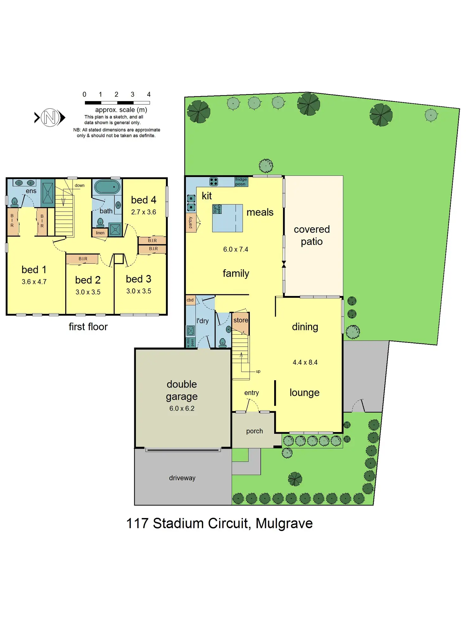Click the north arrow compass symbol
pos(50,118)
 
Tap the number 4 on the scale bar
pos(149,94)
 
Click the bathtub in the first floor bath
pos(107,187)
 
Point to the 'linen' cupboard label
pos(100,233)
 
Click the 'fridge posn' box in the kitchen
pos(241,182)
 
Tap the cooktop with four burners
pos(214,182)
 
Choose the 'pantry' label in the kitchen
pos(191,222)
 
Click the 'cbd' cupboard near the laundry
pos(190,300)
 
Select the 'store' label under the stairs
pos(241,320)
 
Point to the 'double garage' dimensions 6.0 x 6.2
pos(182,408)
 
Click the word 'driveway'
pos(182,478)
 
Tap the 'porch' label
pos(255,431)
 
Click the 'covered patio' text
pos(312,235)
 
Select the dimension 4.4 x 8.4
pos(305,362)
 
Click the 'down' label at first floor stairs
pos(79,185)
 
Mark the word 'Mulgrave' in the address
pos(284,523)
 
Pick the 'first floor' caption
pos(88,327)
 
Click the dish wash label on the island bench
pos(217,209)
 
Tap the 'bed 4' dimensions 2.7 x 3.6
pos(143,212)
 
